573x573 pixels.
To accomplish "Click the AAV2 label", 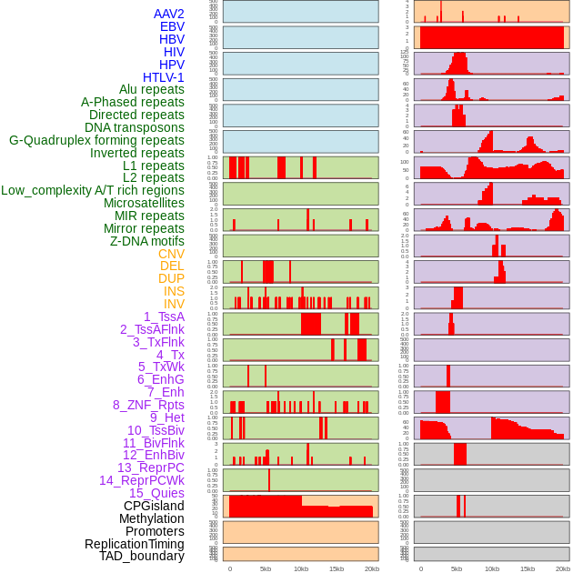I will coord(169,14).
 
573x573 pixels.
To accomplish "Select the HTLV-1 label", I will coord(164,77).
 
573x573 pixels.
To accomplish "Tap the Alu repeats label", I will coord(152,89).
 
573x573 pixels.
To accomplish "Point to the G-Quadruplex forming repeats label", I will coord(96,140).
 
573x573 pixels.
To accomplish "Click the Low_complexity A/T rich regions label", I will coord(93,190).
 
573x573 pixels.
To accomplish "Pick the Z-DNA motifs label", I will coord(147,241).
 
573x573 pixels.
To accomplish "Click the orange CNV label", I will coord(171,254).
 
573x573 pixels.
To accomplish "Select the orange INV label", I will coord(174,304).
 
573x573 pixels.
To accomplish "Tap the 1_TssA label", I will coord(164,317).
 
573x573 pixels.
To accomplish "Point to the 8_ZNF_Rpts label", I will coord(148,405).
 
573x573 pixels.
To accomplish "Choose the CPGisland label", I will coord(154,506).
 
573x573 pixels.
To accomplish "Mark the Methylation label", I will coord(152,518).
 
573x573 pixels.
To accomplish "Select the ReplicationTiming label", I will coord(135,544).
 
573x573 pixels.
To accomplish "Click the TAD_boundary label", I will coord(142,556).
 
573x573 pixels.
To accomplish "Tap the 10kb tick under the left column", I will coord(301,568).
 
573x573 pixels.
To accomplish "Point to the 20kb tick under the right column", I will coord(563,568).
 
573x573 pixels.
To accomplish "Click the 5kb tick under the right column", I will coord(457,568).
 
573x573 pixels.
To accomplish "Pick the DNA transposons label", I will coord(135,127).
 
